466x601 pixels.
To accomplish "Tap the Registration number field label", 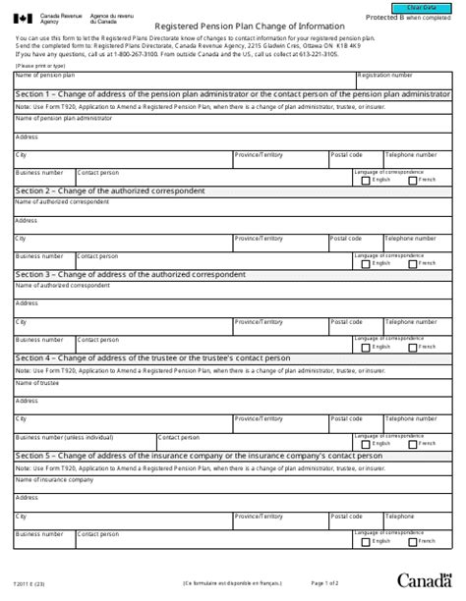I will pos(384,75).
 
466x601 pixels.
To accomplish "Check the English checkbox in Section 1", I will pos(366,180).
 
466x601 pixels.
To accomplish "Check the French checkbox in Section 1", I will pos(412,180).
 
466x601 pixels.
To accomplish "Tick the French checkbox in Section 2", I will pos(412,263).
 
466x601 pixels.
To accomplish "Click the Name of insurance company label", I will pos(54,479).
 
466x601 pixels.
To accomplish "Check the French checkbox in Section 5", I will pos(412,541).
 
